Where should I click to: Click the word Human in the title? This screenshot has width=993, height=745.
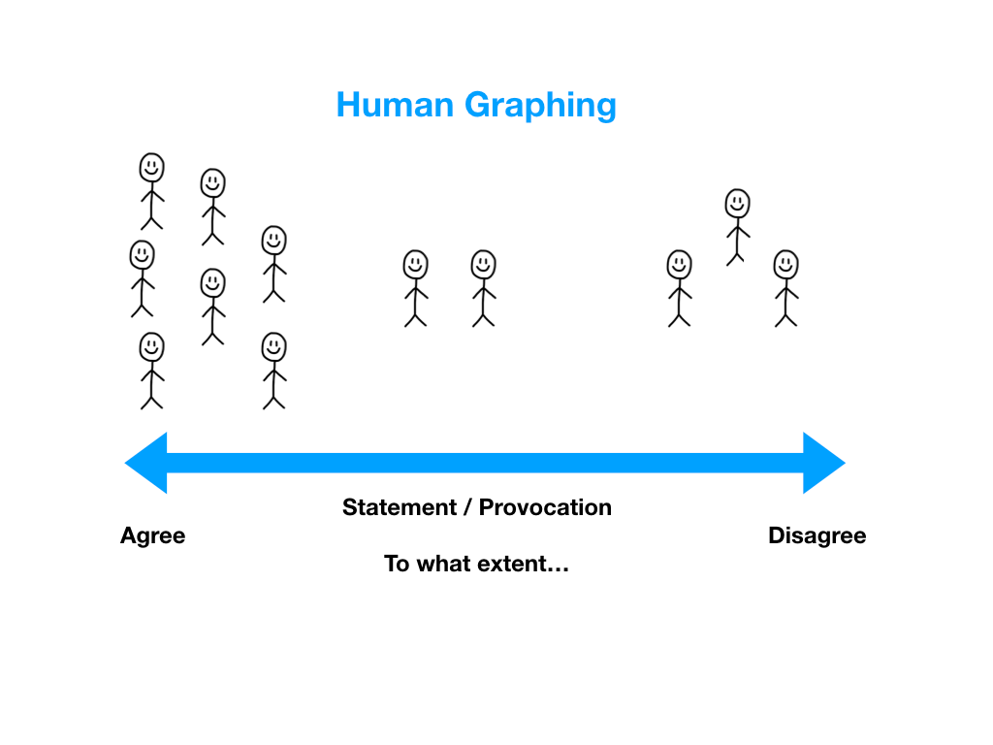tap(395, 105)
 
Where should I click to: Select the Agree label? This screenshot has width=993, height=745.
tap(152, 536)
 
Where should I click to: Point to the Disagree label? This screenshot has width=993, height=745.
tap(817, 535)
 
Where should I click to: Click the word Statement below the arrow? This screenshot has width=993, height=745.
tap(399, 507)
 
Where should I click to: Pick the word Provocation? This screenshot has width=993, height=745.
tap(545, 507)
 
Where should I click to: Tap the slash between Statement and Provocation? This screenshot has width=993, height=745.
tap(467, 507)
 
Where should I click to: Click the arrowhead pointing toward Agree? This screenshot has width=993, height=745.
tap(146, 463)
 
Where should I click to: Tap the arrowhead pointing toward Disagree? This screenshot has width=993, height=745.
tap(824, 463)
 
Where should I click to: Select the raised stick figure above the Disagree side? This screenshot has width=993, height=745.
tap(738, 227)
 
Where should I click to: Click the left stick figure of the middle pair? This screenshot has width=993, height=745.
tap(415, 288)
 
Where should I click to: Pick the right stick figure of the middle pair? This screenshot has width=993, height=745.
tap(483, 288)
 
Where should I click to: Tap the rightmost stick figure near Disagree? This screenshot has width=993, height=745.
tap(785, 288)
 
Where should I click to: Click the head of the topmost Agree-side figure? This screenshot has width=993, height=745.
tap(152, 168)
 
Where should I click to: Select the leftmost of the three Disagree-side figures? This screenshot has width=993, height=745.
tap(679, 288)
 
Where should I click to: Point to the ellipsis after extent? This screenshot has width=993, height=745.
tap(559, 570)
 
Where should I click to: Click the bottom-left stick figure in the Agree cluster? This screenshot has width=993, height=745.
tap(152, 371)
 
